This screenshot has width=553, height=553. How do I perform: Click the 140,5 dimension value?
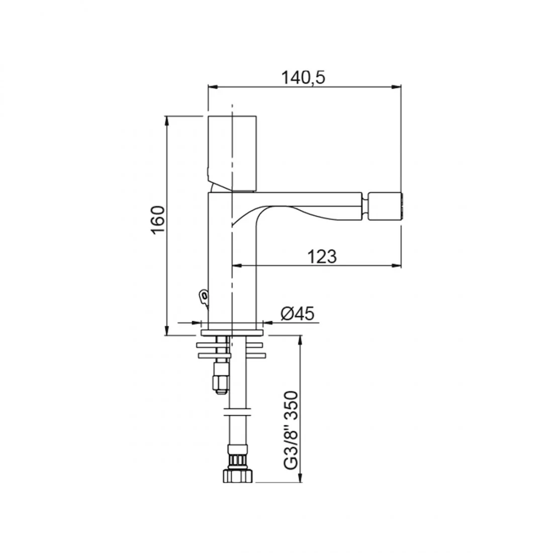coord(303,77)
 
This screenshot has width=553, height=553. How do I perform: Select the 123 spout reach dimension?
coord(322,256)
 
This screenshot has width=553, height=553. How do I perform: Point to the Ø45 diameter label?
coord(297,313)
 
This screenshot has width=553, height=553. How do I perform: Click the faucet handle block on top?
coord(232,153)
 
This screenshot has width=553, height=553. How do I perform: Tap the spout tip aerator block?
coord(385,206)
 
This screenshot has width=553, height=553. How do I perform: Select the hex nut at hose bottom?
coord(238,476)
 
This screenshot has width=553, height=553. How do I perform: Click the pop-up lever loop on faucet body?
coord(203,296)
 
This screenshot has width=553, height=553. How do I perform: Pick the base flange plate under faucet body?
coord(232,333)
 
